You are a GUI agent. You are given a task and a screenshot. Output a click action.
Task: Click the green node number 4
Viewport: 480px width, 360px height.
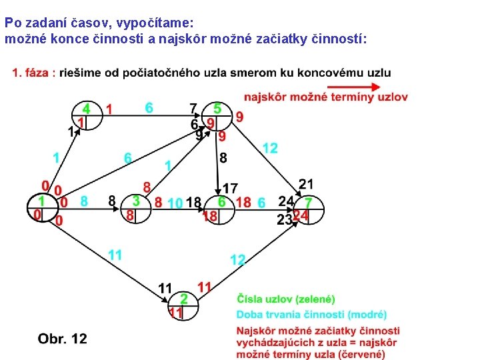[x=86, y=108]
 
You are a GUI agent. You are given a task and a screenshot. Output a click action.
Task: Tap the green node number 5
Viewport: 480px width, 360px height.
[x=217, y=107]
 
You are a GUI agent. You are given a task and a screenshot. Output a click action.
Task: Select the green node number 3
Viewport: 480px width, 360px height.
[x=135, y=200]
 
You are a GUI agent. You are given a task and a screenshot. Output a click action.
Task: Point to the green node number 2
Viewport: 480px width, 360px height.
[x=183, y=299]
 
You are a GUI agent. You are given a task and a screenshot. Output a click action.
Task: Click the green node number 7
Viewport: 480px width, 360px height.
[x=308, y=202]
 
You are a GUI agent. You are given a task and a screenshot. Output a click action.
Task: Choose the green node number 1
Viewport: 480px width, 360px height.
[x=41, y=201]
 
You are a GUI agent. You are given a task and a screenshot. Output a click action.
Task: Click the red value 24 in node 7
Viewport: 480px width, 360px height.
[x=301, y=215]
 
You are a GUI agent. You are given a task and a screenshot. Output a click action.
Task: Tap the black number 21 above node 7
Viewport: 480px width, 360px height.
[x=306, y=184]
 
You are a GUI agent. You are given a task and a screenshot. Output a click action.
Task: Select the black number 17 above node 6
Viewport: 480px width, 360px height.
[x=230, y=189]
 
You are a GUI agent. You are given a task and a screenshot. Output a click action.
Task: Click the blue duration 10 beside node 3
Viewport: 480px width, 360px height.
[x=175, y=203]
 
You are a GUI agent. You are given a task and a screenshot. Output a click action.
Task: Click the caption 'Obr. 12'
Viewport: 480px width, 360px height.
[x=63, y=339]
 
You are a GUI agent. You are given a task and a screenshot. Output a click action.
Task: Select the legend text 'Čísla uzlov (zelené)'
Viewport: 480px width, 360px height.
[x=285, y=299]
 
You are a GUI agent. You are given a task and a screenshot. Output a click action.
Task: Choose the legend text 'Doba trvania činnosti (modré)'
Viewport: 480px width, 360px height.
[x=311, y=314]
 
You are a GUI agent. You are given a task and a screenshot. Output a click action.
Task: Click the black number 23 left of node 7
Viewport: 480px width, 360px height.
[x=285, y=218]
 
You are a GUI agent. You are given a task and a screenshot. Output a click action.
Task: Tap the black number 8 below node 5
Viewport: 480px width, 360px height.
[x=223, y=158]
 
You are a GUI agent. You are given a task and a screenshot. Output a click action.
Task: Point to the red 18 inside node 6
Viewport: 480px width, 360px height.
[x=210, y=216]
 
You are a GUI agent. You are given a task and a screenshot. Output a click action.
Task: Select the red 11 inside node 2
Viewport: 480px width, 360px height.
[x=176, y=312]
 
